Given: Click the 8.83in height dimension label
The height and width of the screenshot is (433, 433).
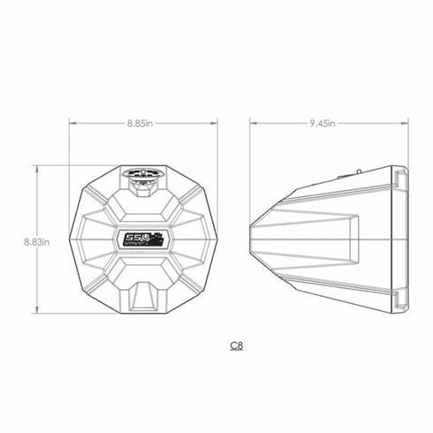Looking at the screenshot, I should pyautogui.click(x=40, y=239).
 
